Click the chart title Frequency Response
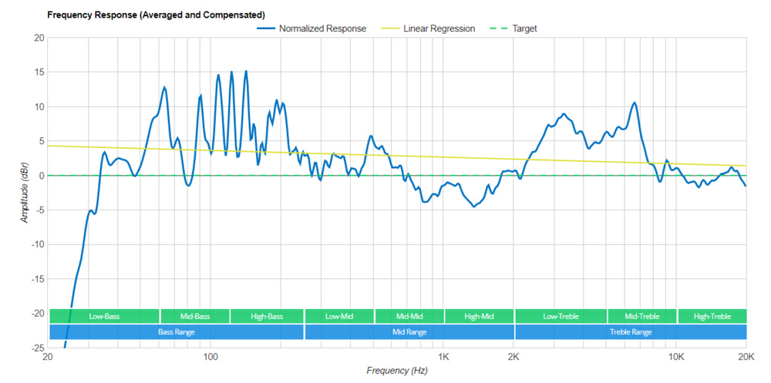[x=157, y=15]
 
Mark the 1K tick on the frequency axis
[x=443, y=358]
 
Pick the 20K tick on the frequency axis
[x=746, y=358]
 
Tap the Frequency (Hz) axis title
[x=396, y=371]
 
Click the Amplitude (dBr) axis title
[x=25, y=193]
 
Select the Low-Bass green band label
[x=104, y=317]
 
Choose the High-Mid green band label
[x=479, y=317]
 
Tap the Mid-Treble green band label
[x=641, y=317]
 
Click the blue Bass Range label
[x=176, y=332]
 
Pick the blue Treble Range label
[x=631, y=332]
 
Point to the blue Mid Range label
[x=409, y=332]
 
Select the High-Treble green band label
[x=712, y=317]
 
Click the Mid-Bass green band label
[x=195, y=317]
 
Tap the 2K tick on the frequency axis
[x=513, y=358]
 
